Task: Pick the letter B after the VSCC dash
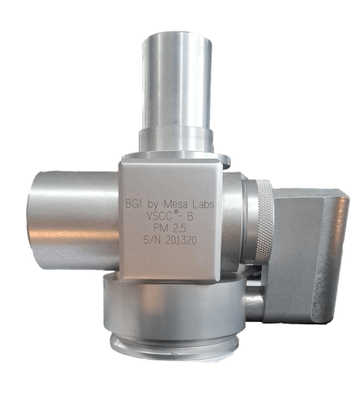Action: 190,216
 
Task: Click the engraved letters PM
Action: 161,228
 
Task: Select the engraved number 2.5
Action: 179,228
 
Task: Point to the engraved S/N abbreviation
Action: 153,241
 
